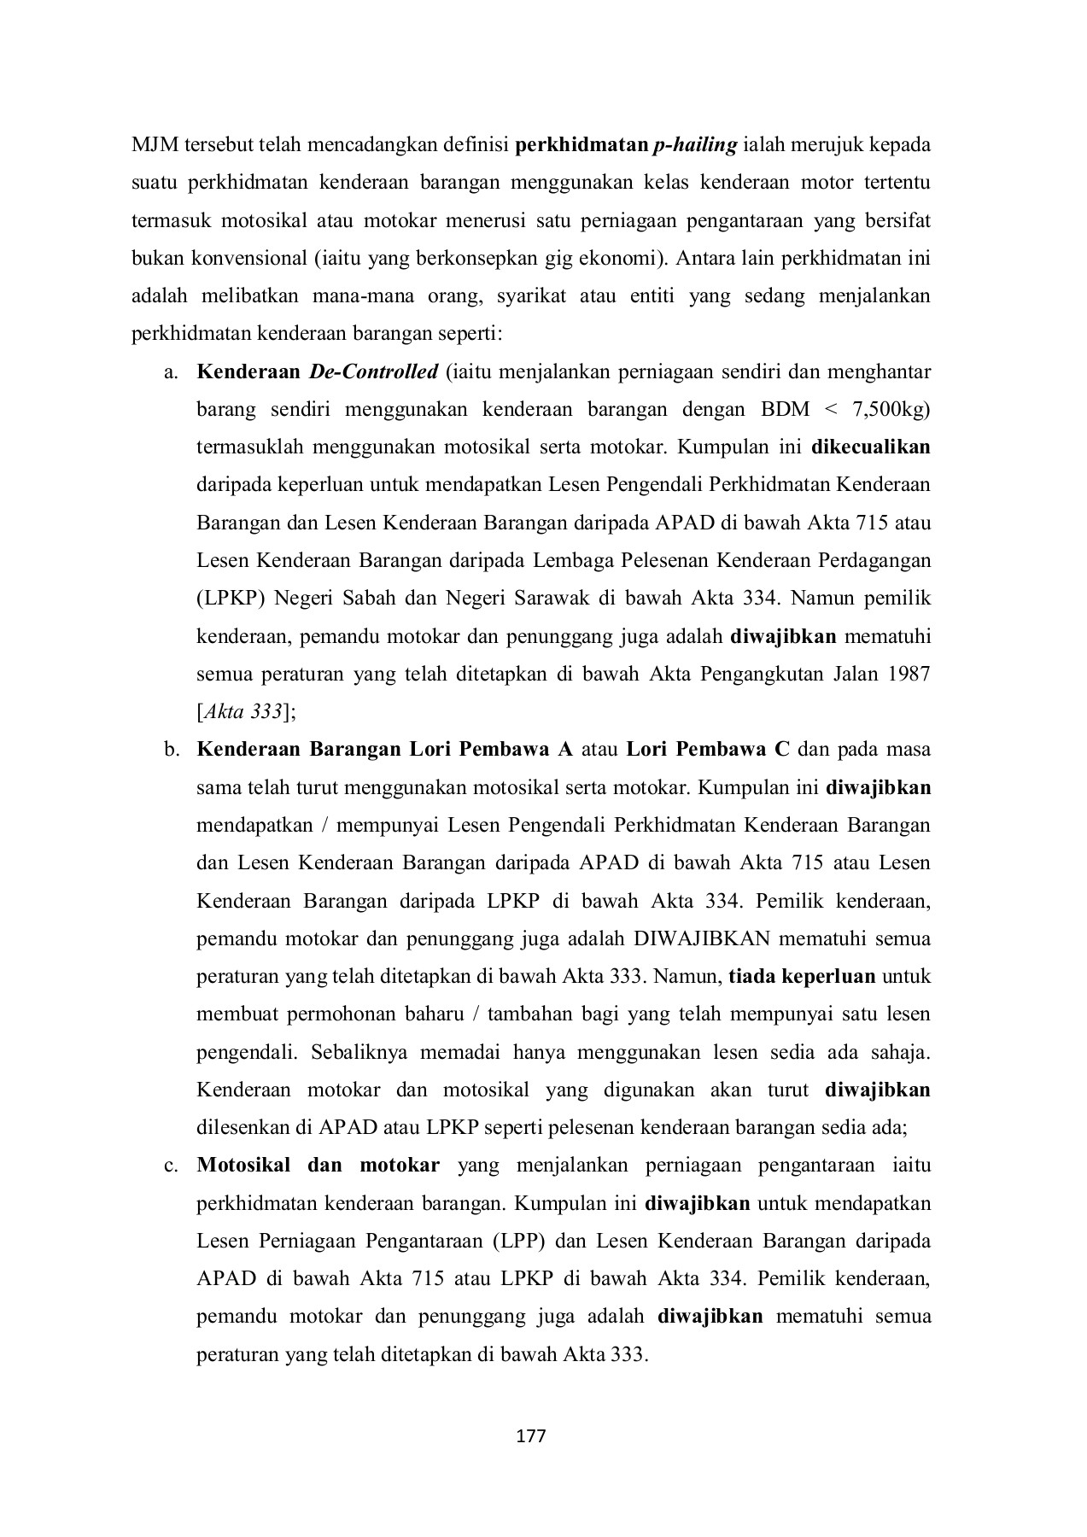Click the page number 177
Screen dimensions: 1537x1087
[531, 1435]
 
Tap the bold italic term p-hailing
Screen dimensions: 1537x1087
[694, 145]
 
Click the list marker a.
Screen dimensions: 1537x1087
[171, 372]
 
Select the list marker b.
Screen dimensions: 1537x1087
[171, 750]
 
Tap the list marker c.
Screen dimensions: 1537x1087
[171, 1166]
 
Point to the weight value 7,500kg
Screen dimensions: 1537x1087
[891, 410]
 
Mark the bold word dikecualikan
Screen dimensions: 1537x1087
[871, 447]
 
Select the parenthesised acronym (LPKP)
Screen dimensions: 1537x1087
[228, 598]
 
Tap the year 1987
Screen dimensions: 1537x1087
[909, 674]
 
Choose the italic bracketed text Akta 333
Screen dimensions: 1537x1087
[247, 711]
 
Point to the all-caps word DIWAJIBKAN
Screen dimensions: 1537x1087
[702, 938]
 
